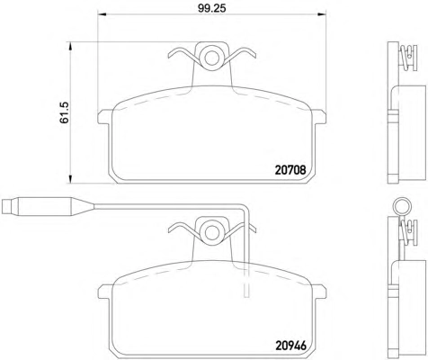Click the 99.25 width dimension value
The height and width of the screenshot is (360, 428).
(x=211, y=8)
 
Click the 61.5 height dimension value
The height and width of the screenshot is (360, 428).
(x=65, y=112)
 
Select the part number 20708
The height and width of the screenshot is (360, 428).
(x=290, y=170)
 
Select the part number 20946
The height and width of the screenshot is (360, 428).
(x=290, y=346)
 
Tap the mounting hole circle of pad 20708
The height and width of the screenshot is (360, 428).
(x=212, y=58)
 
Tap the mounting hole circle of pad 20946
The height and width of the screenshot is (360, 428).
(x=212, y=232)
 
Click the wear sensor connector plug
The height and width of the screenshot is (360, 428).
(x=38, y=207)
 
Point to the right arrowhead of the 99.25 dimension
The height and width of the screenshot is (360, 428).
(x=322, y=14)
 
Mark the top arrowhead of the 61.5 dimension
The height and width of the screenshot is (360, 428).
(x=70, y=47)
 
